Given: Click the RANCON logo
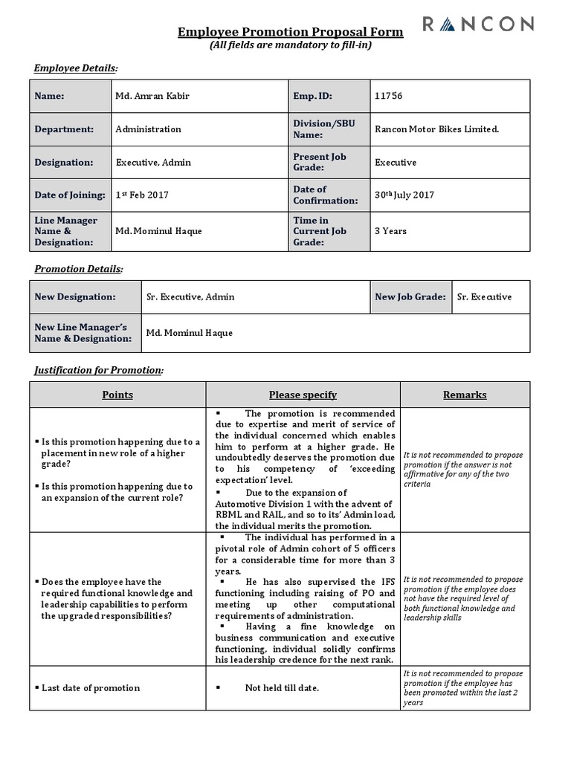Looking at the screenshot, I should (477, 25).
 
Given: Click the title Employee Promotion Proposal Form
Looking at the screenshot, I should (291, 32).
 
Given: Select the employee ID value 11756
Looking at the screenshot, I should (388, 96).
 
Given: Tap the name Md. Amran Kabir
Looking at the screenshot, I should (152, 96).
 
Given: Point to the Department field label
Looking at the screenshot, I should (64, 129).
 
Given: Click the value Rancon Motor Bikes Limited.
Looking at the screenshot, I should (436, 129).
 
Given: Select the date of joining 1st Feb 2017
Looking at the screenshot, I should (142, 195).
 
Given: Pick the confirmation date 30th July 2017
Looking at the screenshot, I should (404, 195).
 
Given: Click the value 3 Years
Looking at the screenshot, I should (390, 231).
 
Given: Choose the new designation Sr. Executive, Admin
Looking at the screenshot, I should (190, 297).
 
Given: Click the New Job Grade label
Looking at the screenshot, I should (410, 297).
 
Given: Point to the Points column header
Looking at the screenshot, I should (117, 395).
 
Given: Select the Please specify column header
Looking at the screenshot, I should (303, 395).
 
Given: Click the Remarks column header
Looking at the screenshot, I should (465, 395).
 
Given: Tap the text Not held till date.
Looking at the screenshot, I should (282, 688).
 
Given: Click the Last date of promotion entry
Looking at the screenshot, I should (90, 688).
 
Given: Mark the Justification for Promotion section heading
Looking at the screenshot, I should (98, 370).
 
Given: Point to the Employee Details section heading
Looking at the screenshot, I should (76, 68).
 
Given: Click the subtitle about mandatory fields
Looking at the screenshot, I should (291, 45).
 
